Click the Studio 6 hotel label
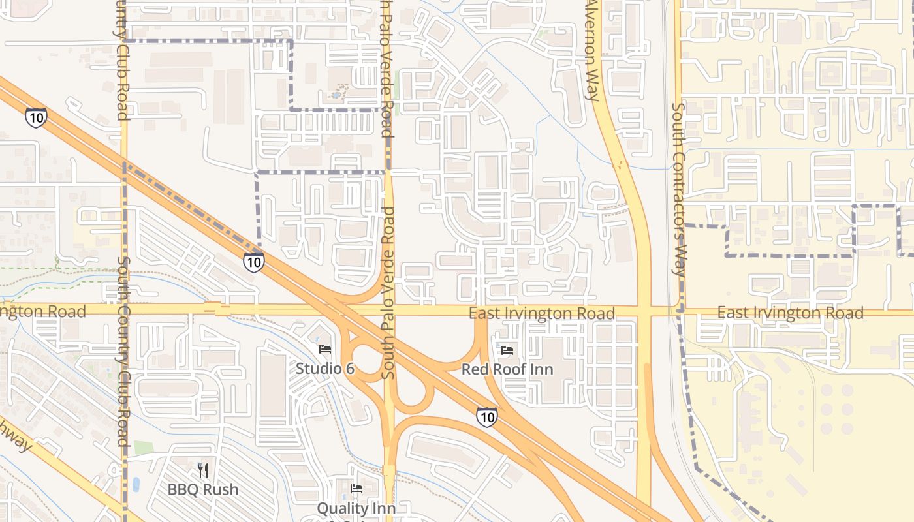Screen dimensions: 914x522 [325, 368]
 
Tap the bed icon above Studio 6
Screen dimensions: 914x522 [325, 349]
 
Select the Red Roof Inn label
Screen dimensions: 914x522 [507, 369]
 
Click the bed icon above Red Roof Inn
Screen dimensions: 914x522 [507, 350]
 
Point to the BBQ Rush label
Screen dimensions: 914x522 [202, 489]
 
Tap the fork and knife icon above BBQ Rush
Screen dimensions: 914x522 [202, 470]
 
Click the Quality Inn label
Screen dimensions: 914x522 [356, 508]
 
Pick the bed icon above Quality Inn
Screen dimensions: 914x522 [356, 488]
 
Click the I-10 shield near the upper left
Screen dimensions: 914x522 [36, 117]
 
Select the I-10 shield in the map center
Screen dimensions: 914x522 [253, 262]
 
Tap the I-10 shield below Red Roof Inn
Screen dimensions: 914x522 [486, 416]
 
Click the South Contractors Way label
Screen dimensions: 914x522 [679, 189]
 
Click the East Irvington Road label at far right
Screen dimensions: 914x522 [790, 313]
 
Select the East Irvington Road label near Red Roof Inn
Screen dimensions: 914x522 [541, 314]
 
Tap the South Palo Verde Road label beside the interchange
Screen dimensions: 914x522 [388, 294]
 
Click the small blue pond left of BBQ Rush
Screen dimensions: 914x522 [136, 484]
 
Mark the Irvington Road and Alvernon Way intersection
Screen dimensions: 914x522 [644, 311]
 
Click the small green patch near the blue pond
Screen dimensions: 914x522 [144, 448]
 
